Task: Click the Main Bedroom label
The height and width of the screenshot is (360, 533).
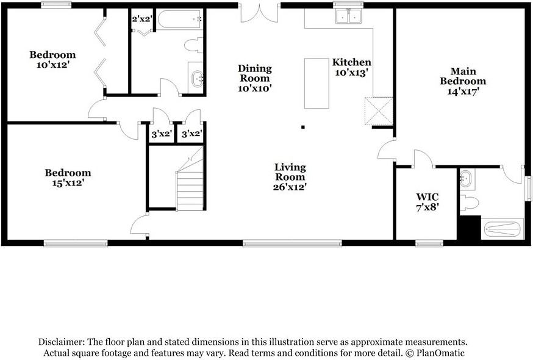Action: pyautogui.click(x=463, y=81)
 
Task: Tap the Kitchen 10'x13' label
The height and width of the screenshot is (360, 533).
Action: pyautogui.click(x=351, y=67)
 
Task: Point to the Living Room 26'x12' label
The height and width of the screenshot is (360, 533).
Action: pyautogui.click(x=290, y=177)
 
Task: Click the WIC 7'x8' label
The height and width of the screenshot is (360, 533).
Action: pyautogui.click(x=427, y=202)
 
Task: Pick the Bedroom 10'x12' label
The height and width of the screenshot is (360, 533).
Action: pyautogui.click(x=52, y=60)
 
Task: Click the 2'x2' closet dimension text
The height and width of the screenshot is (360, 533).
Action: pyautogui.click(x=142, y=19)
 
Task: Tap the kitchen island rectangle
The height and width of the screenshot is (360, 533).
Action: pyautogui.click(x=317, y=83)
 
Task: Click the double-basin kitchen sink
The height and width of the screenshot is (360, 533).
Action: pyautogui.click(x=348, y=17)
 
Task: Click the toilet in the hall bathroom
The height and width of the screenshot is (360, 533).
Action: pyautogui.click(x=193, y=45)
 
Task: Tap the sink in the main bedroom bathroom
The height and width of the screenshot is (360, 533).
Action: pyautogui.click(x=467, y=179)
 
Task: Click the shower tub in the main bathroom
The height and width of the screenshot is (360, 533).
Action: pyautogui.click(x=503, y=229)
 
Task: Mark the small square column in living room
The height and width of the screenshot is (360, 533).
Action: pyautogui.click(x=302, y=128)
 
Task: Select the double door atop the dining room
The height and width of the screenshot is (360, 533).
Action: pyautogui.click(x=260, y=13)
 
